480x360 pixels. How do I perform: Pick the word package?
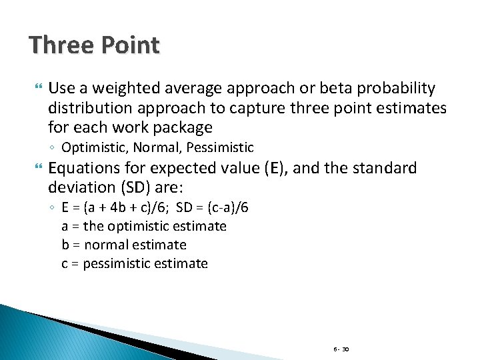click(185, 127)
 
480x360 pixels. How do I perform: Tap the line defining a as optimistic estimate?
click(143, 226)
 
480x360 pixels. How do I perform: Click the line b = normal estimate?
click(123, 245)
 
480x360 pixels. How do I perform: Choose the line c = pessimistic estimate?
click(134, 263)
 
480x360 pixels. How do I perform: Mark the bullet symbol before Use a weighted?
click(37, 89)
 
